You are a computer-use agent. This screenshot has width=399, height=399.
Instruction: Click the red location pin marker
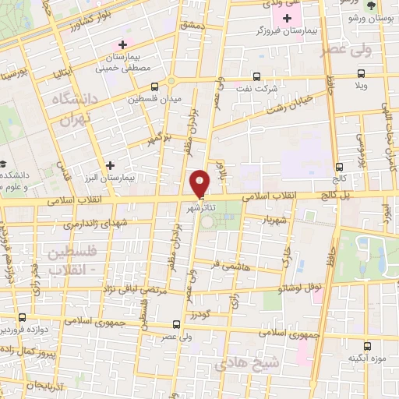(x=201, y=182)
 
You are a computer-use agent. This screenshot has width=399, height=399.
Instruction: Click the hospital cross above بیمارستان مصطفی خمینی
(x=121, y=44)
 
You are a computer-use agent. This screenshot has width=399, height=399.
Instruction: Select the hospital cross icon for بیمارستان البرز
(x=111, y=165)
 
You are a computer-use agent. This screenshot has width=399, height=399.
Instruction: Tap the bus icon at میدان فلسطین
(x=154, y=86)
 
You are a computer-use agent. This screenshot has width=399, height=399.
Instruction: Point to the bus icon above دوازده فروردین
(x=22, y=317)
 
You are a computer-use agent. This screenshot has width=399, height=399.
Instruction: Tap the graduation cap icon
(x=4, y=164)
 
